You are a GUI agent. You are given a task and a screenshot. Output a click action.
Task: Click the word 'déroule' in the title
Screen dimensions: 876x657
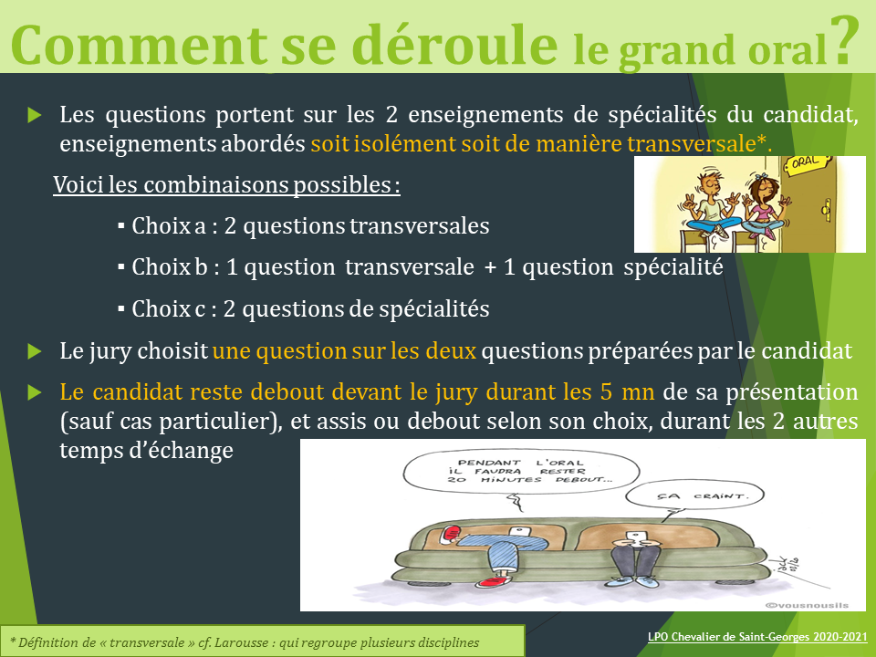[x=454, y=45]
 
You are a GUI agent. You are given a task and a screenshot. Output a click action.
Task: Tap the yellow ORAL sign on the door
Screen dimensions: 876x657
[x=805, y=162]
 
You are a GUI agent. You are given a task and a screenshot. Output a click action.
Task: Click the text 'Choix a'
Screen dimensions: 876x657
[x=170, y=226]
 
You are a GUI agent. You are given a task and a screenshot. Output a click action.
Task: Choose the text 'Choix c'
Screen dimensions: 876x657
[x=169, y=309]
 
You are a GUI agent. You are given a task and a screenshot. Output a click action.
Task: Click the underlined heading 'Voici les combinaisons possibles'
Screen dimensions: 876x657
[x=227, y=185]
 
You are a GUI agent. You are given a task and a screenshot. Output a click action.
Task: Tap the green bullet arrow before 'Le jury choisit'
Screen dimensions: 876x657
[x=35, y=351]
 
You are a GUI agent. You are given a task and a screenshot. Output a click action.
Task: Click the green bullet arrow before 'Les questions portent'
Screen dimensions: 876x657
[x=35, y=116]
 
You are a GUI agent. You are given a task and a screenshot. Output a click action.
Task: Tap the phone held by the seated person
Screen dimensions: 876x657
[x=636, y=537]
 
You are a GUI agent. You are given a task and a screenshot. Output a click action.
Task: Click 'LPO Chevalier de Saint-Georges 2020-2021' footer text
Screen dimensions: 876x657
[x=757, y=637]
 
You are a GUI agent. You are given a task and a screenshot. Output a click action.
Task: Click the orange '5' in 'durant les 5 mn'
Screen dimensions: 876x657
[x=607, y=392]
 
